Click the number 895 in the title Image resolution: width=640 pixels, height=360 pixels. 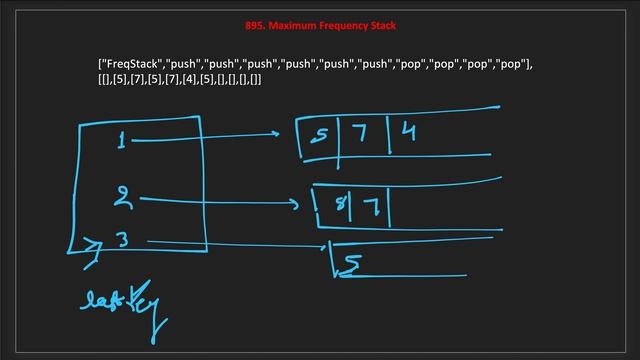coord(253,25)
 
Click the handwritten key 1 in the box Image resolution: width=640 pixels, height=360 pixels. coord(121,141)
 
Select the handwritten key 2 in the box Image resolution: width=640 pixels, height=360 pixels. coord(122,197)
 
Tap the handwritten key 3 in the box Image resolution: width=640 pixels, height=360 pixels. coord(122,240)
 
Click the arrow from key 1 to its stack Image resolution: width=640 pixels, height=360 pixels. coord(205,137)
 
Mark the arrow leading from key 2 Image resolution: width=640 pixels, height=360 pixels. coord(220,202)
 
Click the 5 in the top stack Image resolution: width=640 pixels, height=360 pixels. coord(319,136)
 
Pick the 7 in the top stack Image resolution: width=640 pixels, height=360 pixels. coord(360,134)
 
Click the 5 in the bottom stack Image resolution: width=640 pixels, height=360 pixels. coord(351,265)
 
